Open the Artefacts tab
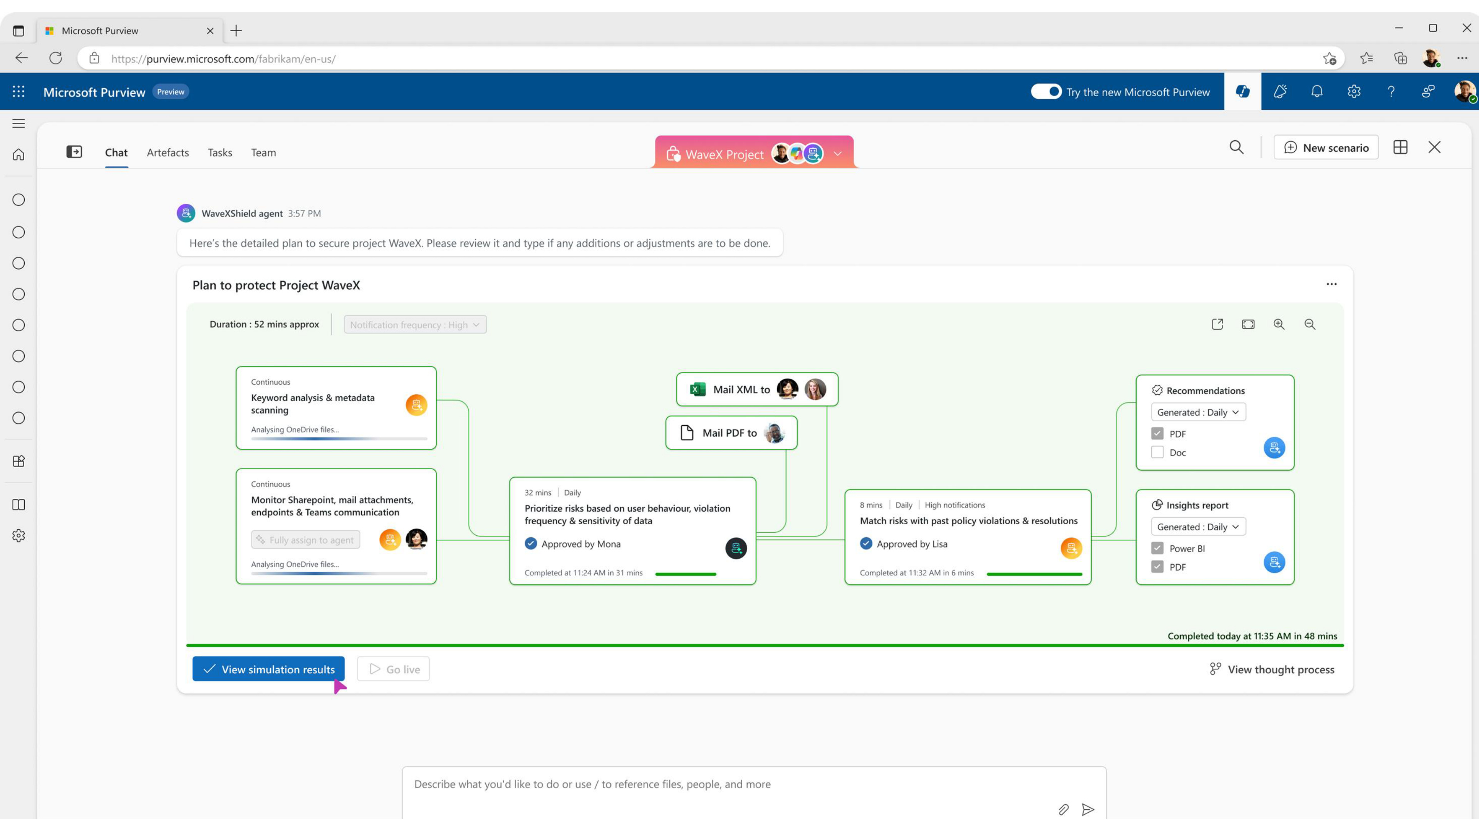pos(168,152)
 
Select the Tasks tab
pos(220,152)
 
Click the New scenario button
pos(1326,148)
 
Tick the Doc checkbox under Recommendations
pos(1157,453)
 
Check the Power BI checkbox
pos(1157,549)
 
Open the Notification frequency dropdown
pos(415,324)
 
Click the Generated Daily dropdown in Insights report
pos(1198,527)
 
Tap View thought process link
pos(1272,669)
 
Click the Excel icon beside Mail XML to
pos(698,389)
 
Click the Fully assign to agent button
pos(305,540)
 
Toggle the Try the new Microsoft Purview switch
pos(1046,92)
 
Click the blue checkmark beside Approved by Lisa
pos(866,543)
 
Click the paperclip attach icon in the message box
pos(1063,810)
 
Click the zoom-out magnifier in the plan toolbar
pos(1310,324)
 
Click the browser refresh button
pos(56,58)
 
